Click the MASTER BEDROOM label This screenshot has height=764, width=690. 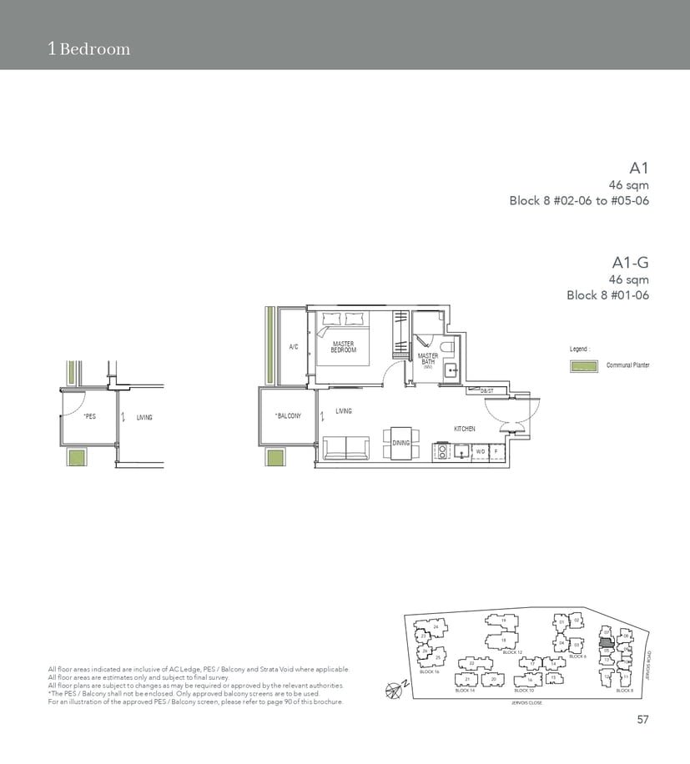(x=344, y=347)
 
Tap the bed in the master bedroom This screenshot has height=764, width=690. (x=344, y=338)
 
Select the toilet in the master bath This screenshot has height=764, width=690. (x=446, y=347)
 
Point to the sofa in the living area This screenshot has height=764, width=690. (x=347, y=448)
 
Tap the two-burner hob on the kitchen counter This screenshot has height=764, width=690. (x=440, y=451)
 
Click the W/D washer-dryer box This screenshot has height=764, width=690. (x=480, y=451)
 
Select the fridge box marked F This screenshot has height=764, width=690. (x=496, y=451)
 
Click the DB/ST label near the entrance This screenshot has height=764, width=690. (x=487, y=390)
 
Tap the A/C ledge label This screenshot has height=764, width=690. (x=294, y=347)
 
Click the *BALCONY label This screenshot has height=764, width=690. (x=288, y=415)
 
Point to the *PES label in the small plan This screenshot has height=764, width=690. (x=90, y=415)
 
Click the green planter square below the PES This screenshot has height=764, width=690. (x=77, y=458)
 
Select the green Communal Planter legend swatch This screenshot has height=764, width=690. (x=584, y=366)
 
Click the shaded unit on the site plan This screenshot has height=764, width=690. (x=607, y=644)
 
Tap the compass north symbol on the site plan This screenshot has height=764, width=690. (x=395, y=689)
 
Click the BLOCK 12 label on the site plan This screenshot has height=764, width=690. (x=512, y=652)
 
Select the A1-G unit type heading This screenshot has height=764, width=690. (x=632, y=263)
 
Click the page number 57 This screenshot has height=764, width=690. (x=642, y=719)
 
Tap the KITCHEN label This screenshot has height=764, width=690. (x=465, y=428)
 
